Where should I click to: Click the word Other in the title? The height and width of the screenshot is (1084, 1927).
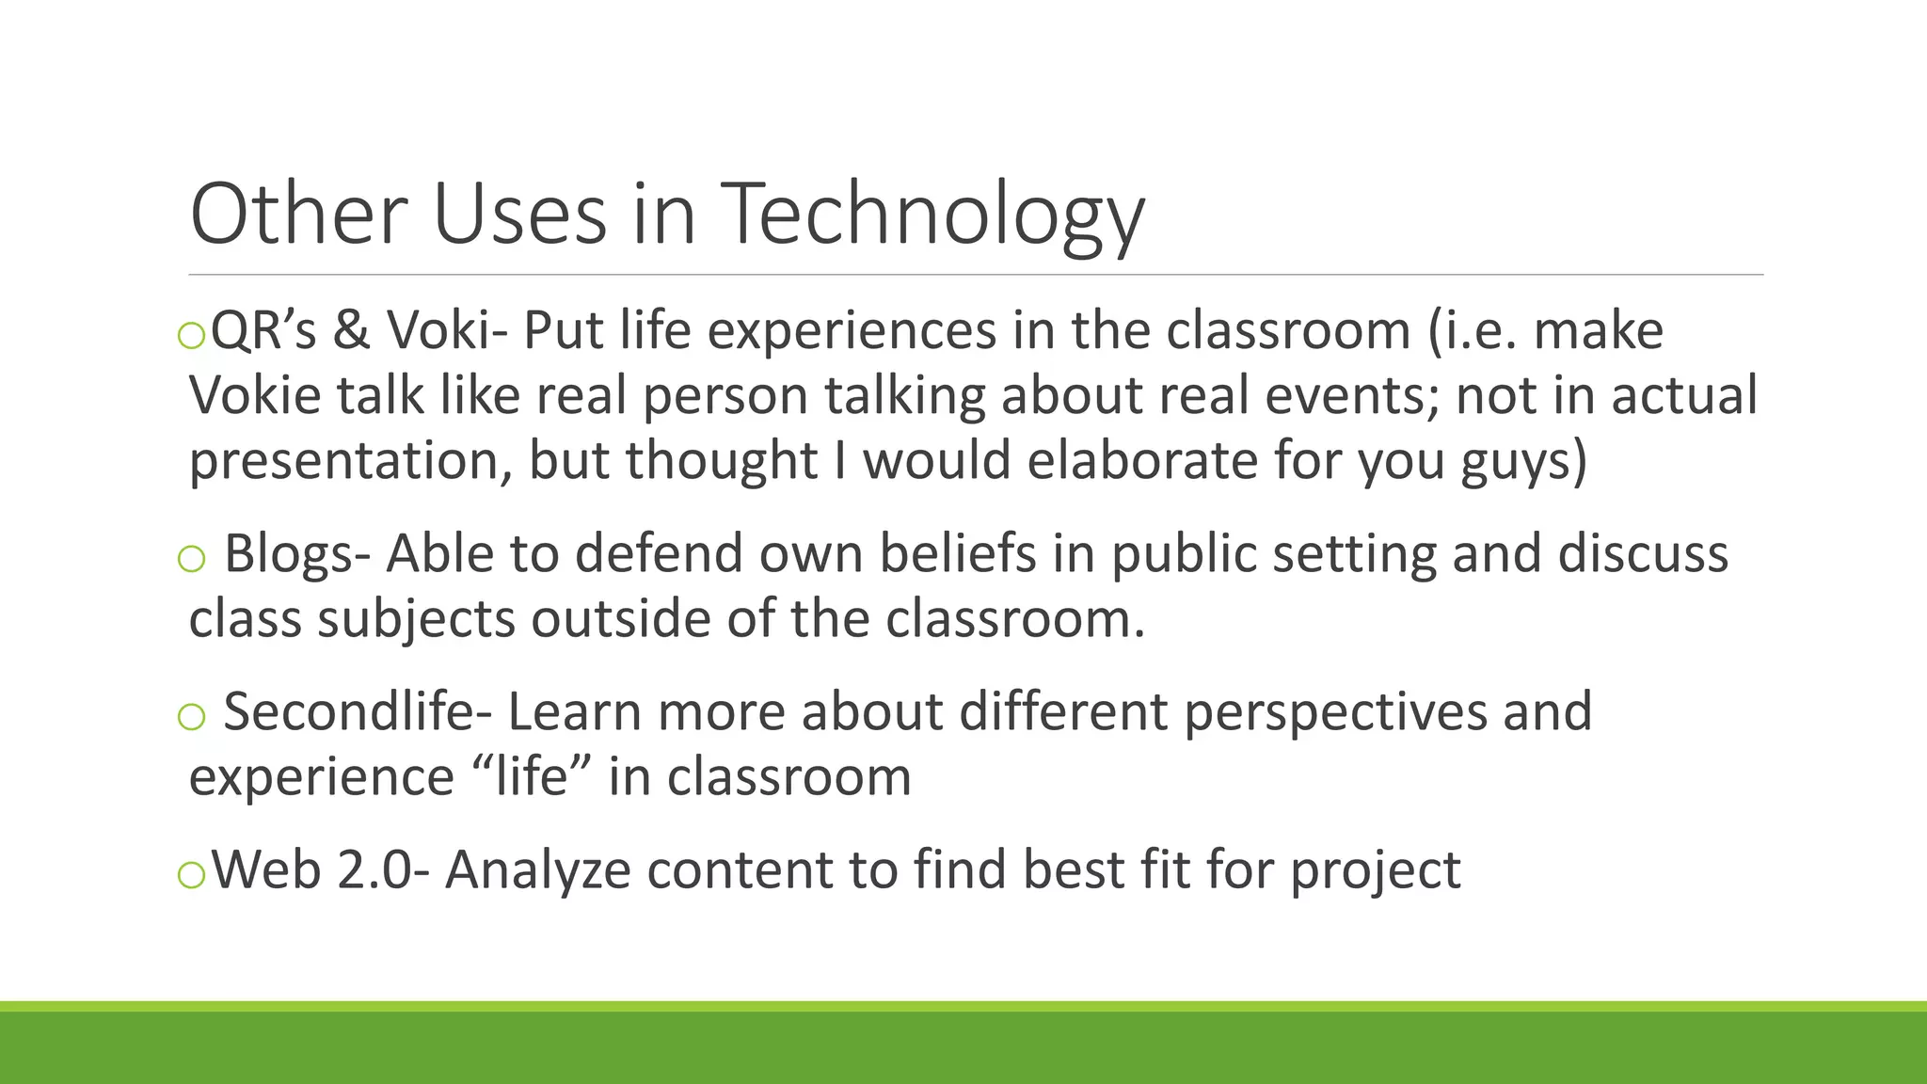point(297,215)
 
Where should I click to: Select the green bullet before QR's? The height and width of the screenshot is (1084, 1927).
point(191,335)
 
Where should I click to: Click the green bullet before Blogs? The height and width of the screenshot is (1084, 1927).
point(191,558)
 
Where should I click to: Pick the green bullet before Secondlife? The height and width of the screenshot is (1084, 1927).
point(191,716)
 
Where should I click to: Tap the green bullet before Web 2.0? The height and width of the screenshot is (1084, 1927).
point(191,875)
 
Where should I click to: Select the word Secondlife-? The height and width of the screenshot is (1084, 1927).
point(357,711)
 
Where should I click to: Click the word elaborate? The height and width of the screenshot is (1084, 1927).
point(1142,461)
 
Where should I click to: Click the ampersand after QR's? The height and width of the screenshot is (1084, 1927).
point(351,331)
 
